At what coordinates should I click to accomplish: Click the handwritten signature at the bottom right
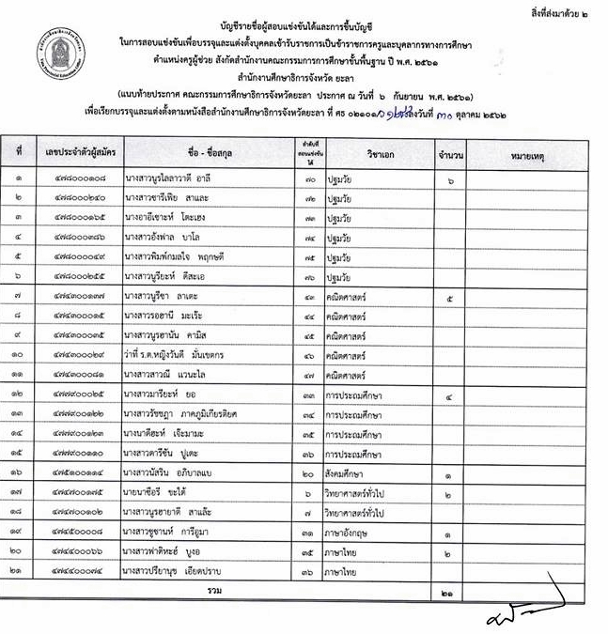coord(526,611)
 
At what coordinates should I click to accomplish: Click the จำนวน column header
coord(442,151)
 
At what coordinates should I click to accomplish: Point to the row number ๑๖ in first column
coord(18,473)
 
